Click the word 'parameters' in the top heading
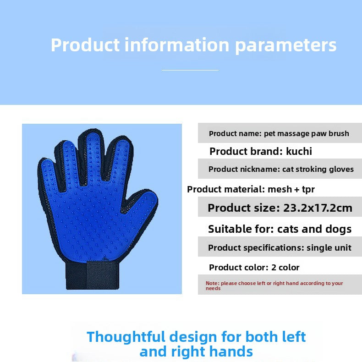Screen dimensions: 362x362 [285, 45]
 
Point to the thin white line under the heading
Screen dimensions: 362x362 [190, 70]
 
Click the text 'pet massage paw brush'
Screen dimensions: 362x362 [307, 133]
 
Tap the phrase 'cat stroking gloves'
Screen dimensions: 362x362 [318, 169]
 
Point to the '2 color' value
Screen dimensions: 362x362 [285, 267]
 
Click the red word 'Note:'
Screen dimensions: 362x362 [212, 283]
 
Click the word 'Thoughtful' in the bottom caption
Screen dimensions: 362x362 [126, 337]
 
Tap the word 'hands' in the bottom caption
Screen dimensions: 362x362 [231, 351]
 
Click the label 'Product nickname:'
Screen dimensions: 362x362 [243, 169]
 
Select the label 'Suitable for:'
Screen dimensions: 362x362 [236, 229]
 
